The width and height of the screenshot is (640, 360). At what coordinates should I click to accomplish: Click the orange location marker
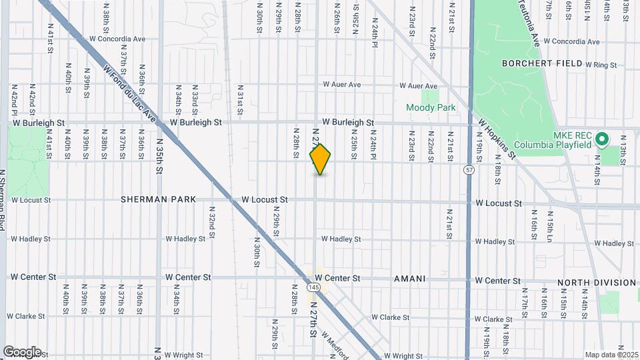[x=321, y=159]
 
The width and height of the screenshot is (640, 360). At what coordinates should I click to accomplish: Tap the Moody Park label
[x=431, y=107]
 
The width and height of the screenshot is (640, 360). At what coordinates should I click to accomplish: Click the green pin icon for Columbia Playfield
[x=602, y=139]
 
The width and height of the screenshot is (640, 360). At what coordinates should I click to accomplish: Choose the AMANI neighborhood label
[x=409, y=279]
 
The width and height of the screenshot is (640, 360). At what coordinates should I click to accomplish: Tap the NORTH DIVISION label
[x=596, y=283]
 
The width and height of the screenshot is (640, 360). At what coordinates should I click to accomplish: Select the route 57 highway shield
[x=470, y=170]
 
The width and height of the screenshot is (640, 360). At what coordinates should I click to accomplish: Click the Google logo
[x=22, y=352]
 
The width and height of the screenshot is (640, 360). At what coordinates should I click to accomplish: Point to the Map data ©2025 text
[x=612, y=355]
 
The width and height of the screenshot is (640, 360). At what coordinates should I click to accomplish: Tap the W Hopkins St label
[x=498, y=139]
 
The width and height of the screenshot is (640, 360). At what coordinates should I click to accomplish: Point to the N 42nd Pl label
[x=14, y=98]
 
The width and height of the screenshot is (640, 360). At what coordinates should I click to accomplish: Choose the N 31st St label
[x=239, y=98]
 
